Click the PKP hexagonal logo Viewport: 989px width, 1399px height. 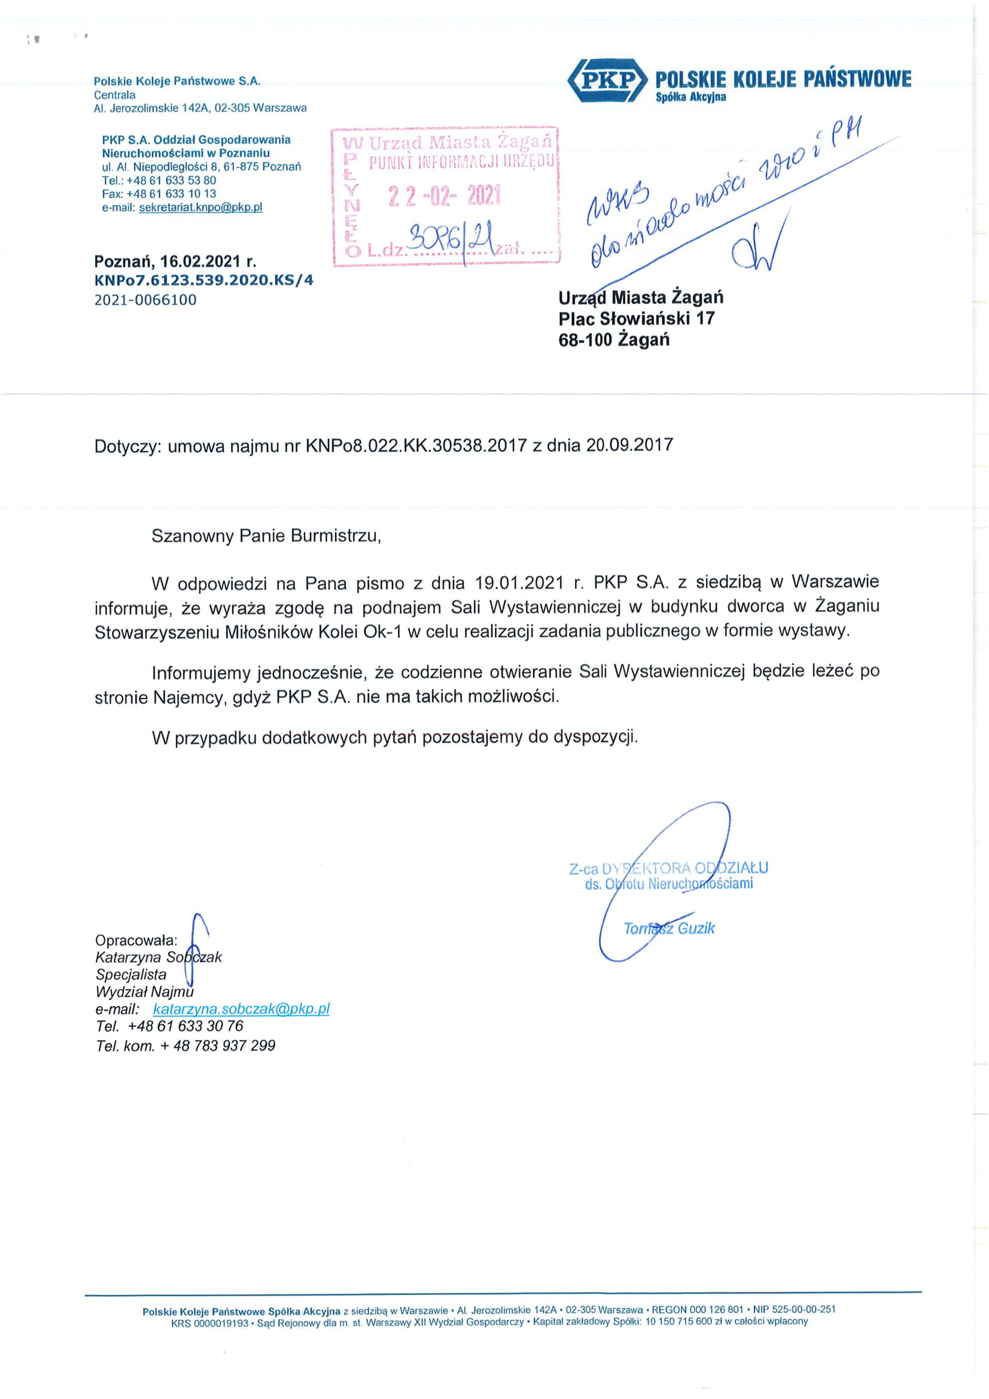[606, 80]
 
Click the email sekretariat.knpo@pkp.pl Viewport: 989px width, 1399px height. [200, 207]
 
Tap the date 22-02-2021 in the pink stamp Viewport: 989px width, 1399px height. [444, 196]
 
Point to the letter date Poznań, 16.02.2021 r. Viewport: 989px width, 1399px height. [175, 261]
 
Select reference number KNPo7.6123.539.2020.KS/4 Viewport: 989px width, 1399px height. [203, 281]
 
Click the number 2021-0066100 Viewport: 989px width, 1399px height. [145, 300]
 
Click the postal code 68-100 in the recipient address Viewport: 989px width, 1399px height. [585, 339]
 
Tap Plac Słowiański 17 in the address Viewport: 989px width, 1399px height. [636, 318]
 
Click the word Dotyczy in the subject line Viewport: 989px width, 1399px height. [127, 446]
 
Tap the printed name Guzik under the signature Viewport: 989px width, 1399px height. [696, 928]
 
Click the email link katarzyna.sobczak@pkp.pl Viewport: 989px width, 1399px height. [241, 1008]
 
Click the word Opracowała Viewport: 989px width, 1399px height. [136, 940]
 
